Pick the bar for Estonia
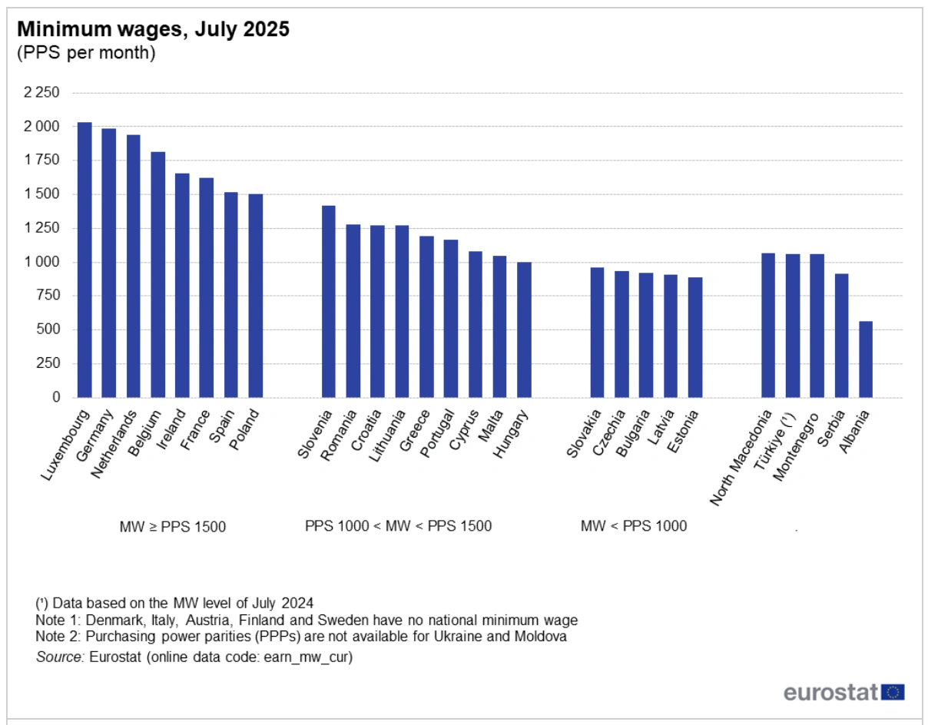(694, 337)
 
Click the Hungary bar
(524, 329)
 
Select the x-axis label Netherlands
(114, 446)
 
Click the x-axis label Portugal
(439, 438)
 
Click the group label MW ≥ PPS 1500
(172, 526)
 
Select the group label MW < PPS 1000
(634, 526)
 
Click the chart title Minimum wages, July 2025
(154, 30)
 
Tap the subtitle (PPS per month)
(86, 53)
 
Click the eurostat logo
(843, 692)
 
